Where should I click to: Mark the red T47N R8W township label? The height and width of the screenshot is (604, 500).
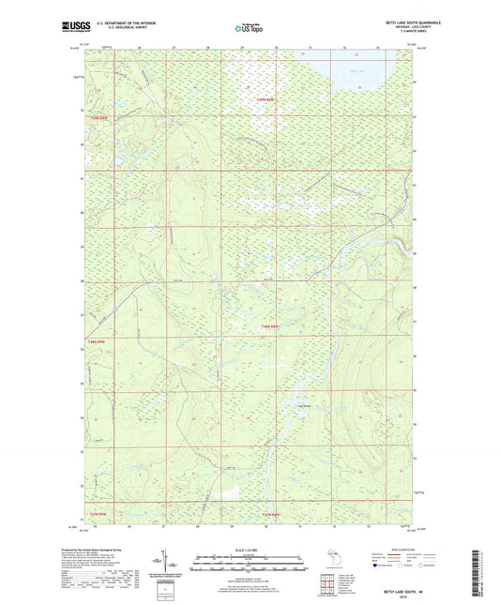pyautogui.click(x=272, y=514)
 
